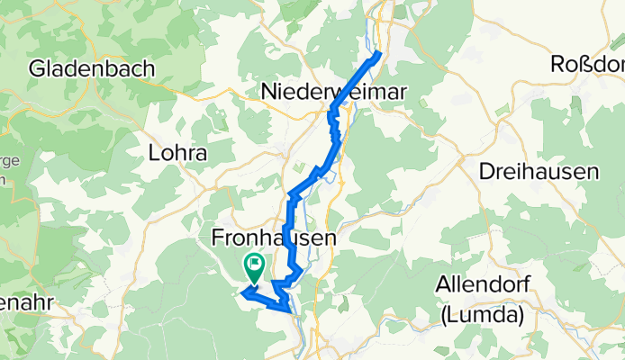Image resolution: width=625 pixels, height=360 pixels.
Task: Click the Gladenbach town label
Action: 92,68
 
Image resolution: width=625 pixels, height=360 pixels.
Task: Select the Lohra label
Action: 177,154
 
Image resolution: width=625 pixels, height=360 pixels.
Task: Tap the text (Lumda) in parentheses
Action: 482,314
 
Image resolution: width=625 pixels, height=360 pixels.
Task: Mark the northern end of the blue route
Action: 379,54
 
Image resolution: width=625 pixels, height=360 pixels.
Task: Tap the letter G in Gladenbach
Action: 39,68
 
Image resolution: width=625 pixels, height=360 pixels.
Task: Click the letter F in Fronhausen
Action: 217,238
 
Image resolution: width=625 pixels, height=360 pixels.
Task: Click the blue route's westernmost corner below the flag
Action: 243,290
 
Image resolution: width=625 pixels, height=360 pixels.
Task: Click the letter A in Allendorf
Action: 441,286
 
